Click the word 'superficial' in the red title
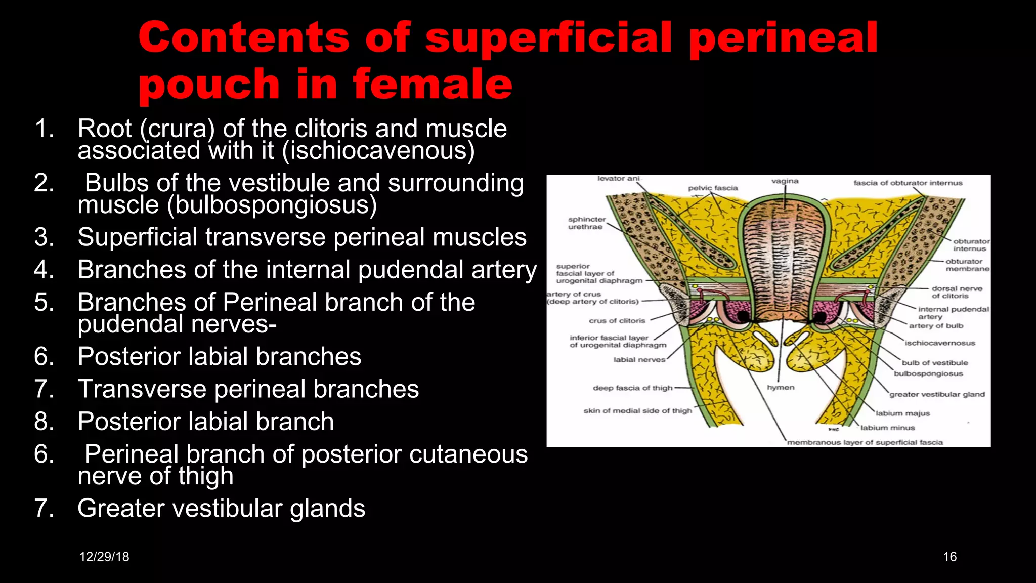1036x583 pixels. coord(549,38)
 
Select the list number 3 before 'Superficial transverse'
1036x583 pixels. coord(45,237)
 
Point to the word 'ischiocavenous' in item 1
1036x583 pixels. coord(378,151)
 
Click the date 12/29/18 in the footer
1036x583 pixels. coord(104,557)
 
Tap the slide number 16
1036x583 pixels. coord(949,557)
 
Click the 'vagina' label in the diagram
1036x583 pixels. coord(785,181)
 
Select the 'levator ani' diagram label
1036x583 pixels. coord(618,179)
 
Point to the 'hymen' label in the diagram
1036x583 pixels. coord(781,388)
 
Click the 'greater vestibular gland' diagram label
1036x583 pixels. coord(937,394)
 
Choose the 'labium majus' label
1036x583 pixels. coord(902,413)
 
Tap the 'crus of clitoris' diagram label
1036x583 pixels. coord(617,321)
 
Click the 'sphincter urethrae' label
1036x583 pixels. coord(586,223)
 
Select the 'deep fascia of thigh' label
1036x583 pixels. coord(632,388)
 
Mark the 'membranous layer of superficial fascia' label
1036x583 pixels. coord(865,442)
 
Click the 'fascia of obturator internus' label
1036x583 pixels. coord(908,183)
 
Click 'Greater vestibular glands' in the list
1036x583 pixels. coord(221,508)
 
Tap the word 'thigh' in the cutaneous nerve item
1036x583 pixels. coord(206,476)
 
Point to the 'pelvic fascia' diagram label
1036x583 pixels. coord(713,188)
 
